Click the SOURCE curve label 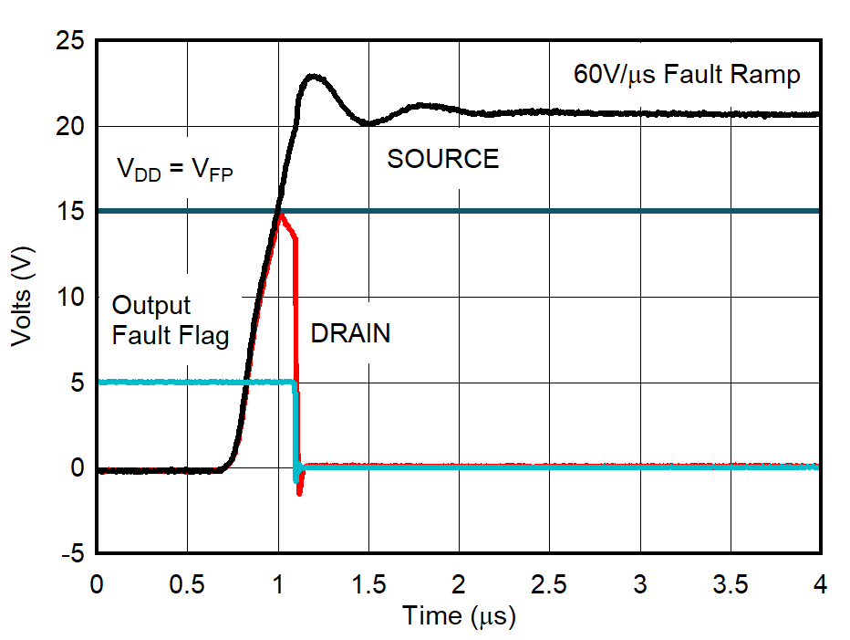tap(443, 160)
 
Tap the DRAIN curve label tap(350, 334)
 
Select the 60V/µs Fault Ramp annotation tap(687, 75)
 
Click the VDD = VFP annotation tap(173, 170)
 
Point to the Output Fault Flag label tap(170, 320)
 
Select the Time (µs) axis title tap(459, 617)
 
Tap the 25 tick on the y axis tap(69, 42)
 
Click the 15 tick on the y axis tap(69, 212)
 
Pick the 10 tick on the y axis tap(69, 298)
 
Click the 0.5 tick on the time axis tap(187, 583)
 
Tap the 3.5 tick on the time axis tap(731, 583)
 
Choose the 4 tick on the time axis tap(820, 583)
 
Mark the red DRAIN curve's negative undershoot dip tap(299, 493)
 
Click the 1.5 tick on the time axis tap(368, 583)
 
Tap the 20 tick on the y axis tap(69, 127)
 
